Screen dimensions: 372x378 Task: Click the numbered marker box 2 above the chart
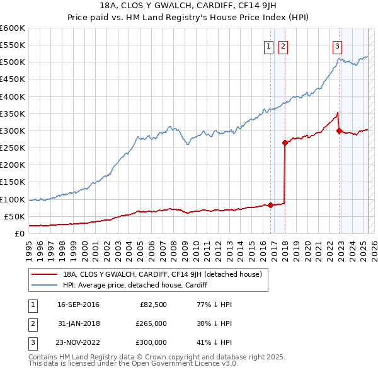click(x=283, y=45)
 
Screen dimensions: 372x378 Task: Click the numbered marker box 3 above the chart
click(x=338, y=45)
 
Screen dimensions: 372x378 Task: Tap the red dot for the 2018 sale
click(x=285, y=142)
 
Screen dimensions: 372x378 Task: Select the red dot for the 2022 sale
click(x=339, y=131)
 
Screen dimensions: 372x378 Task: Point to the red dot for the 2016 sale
click(x=270, y=205)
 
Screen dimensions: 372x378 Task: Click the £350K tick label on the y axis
click(x=12, y=114)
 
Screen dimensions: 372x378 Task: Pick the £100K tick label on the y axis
click(x=12, y=199)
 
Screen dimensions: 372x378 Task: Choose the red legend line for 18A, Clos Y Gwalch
click(x=44, y=274)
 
